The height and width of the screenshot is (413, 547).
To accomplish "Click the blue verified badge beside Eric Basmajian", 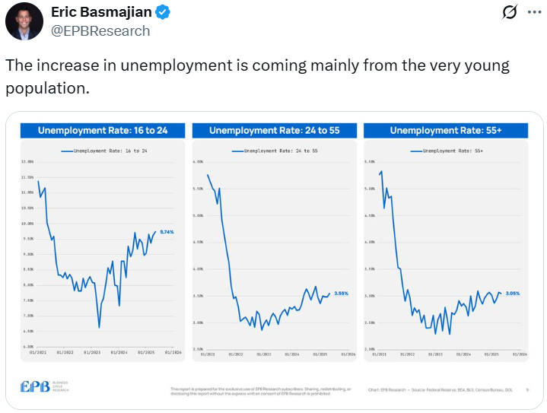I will tap(164, 13).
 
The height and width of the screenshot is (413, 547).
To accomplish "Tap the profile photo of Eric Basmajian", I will tap(24, 21).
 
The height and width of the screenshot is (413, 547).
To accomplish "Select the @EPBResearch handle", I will tap(100, 30).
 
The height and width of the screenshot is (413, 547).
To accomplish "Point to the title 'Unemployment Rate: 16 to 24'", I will tap(103, 130).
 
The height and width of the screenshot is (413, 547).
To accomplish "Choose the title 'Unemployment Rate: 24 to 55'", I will tap(275, 130).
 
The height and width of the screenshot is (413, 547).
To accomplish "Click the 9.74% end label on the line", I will tap(167, 232).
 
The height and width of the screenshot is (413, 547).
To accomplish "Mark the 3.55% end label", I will tap(341, 293).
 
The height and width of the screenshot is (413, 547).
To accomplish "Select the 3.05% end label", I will tap(513, 293).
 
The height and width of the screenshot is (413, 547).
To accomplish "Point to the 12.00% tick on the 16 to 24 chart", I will tap(27, 161).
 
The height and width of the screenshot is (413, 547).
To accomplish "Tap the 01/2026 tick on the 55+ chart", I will tap(520, 353).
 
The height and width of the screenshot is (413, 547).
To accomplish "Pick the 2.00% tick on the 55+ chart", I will tap(370, 348).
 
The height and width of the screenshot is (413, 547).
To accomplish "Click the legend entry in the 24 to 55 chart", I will tap(275, 151).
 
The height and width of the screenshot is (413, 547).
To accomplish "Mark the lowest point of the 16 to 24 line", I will tap(99, 328).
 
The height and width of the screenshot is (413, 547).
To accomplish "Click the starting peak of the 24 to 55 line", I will tap(208, 175).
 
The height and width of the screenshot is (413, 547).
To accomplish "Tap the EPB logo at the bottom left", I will tap(45, 386).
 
